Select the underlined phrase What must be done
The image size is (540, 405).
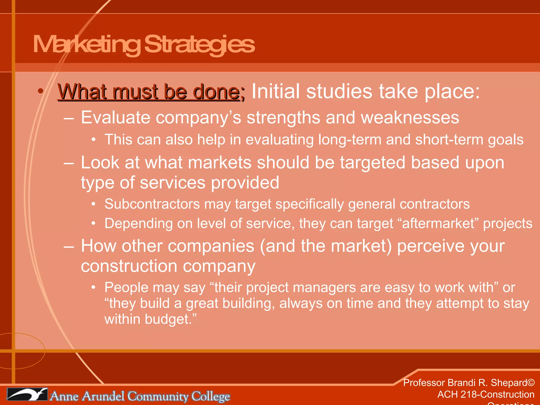149,92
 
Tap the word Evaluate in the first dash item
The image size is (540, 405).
115,117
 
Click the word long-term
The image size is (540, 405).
350,139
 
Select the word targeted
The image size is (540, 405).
372,162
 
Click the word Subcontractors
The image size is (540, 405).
152,204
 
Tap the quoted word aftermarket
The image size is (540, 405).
438,223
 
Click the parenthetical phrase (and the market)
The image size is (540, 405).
326,246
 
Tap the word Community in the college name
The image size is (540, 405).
158,396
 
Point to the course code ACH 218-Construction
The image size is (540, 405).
486,394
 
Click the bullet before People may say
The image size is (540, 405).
93,287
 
